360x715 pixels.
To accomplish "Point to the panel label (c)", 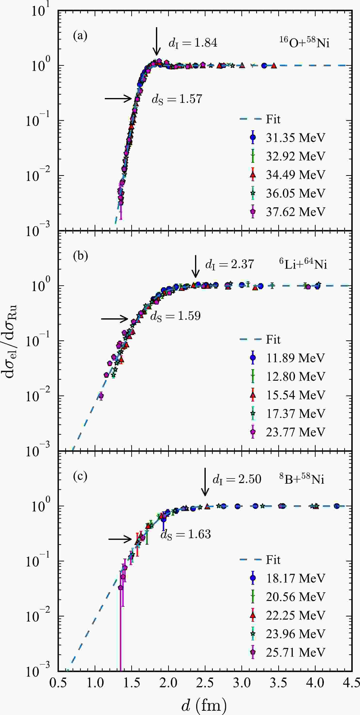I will [80, 476].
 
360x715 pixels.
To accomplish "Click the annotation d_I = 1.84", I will [193, 43].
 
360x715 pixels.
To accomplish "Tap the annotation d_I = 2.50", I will [237, 479].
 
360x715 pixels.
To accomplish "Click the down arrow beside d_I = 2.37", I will [196, 266].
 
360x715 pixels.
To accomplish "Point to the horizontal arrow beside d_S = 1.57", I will [118, 98].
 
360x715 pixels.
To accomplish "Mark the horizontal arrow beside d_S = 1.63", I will [120, 539].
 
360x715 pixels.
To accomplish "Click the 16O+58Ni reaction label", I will [304, 43].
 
